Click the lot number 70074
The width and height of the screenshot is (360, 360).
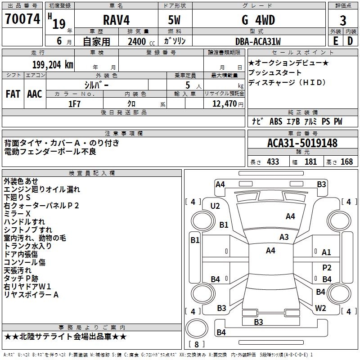coord(22,19)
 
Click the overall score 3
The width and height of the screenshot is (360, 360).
coord(343,21)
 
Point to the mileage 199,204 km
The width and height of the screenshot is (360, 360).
coord(52,64)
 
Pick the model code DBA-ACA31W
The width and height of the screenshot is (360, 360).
coord(258,41)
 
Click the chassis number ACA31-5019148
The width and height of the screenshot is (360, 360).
coord(302,143)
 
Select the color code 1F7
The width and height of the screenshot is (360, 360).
coord(74,103)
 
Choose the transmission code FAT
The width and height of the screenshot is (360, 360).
coord(13,94)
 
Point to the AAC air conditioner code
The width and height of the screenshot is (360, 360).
coord(35,94)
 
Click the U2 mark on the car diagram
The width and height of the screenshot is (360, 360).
coord(215,206)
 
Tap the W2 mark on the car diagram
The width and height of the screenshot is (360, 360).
coord(320,308)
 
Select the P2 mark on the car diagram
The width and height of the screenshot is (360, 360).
coord(327,267)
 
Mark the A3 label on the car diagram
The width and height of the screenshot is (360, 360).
coord(284,237)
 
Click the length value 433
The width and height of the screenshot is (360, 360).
coord(273,162)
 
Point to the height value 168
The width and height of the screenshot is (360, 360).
coord(346,162)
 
